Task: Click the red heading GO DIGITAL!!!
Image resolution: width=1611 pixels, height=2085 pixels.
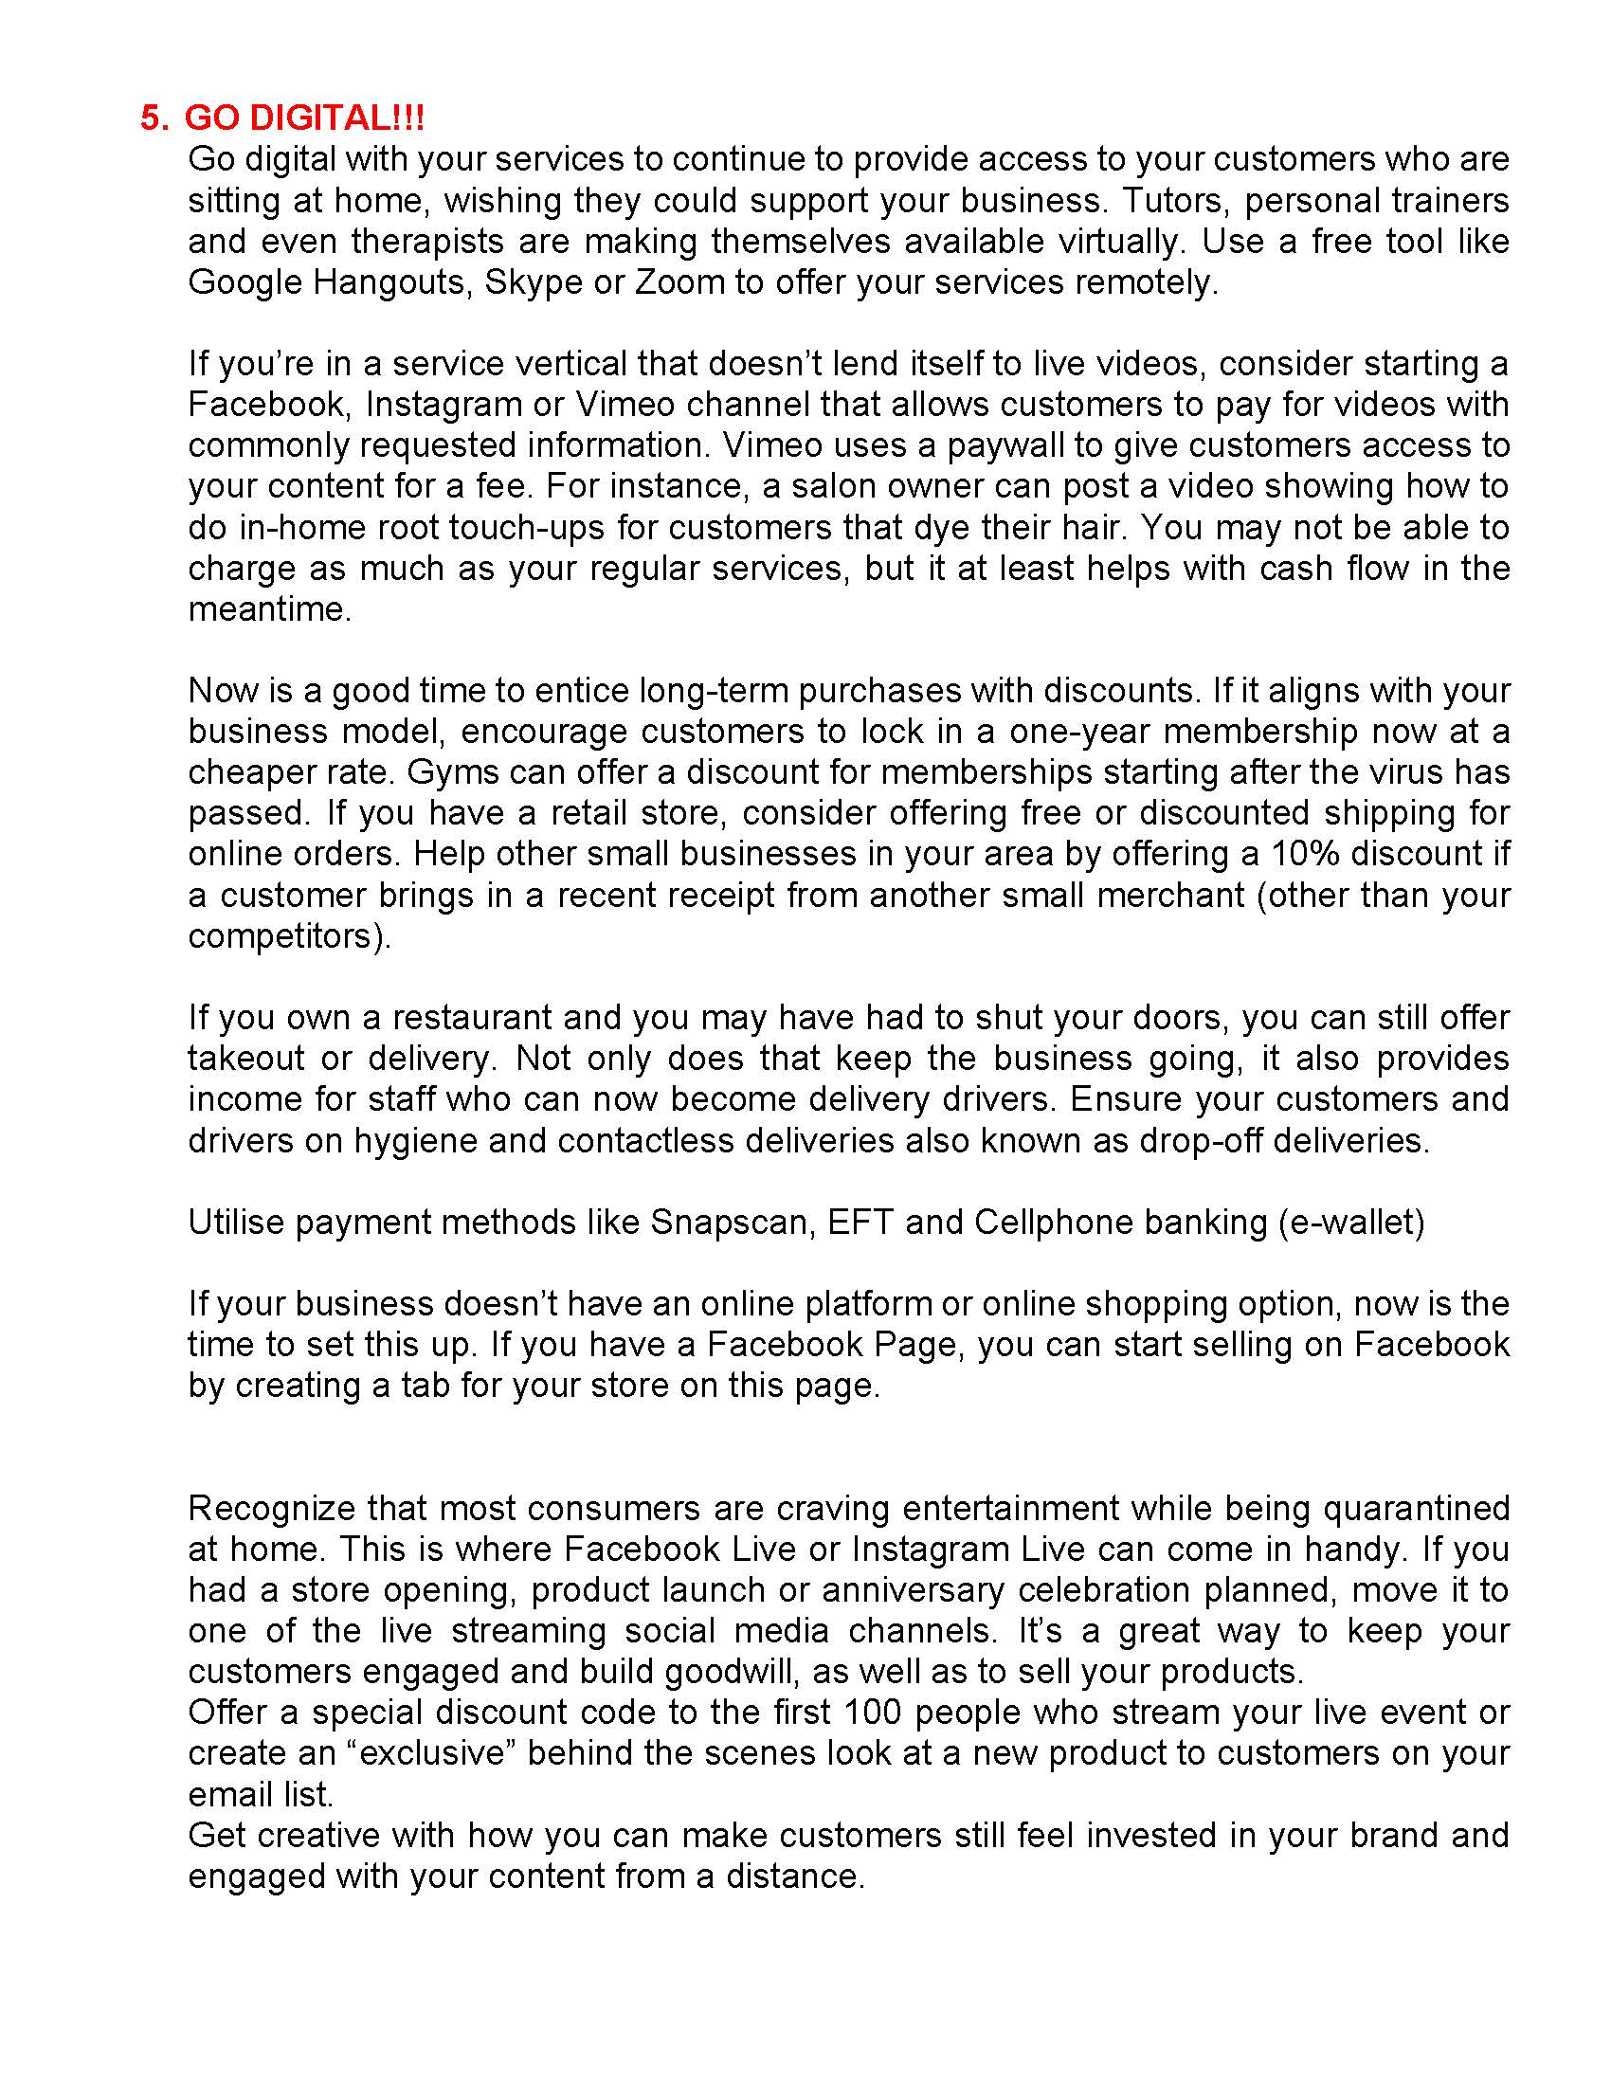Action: [303, 118]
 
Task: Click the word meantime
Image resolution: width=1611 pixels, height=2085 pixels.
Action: [268, 609]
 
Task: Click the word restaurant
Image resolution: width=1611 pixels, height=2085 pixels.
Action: [472, 1018]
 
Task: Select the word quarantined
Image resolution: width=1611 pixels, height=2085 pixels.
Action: [1416, 1509]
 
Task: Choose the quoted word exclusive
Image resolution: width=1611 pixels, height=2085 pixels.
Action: [425, 1753]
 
